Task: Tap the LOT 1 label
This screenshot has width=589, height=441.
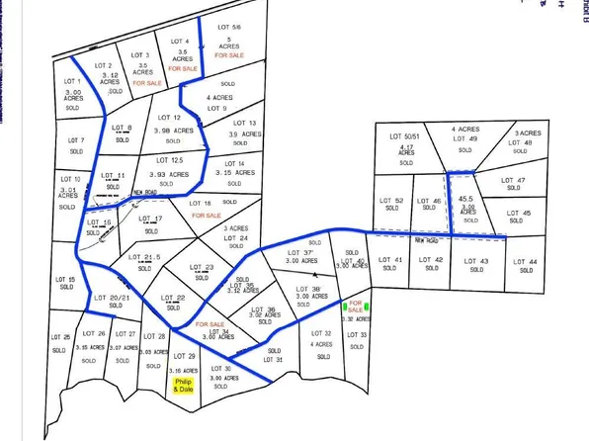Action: point(73,80)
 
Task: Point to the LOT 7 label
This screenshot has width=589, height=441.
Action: point(76,140)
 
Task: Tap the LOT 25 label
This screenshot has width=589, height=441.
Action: point(60,338)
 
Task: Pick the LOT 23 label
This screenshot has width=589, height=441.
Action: point(202,268)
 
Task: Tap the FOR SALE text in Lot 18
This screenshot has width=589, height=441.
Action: point(206,215)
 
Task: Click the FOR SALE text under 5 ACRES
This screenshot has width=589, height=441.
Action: point(229,56)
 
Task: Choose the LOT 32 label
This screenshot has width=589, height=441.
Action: point(322,334)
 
